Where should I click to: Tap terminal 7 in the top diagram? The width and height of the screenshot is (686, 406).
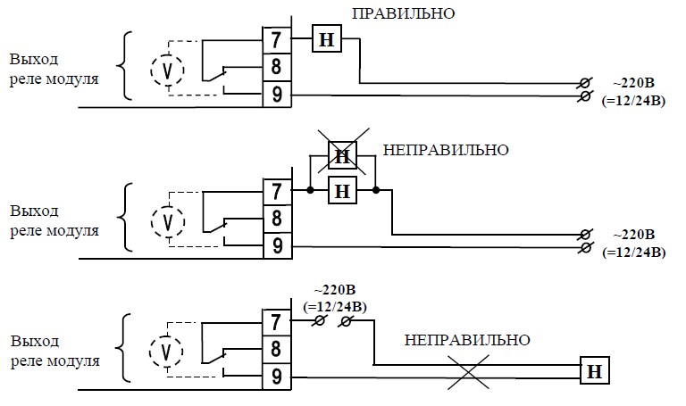[x=276, y=40]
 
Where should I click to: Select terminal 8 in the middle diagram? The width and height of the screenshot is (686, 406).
[x=276, y=218]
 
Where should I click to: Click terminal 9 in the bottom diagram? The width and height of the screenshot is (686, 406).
[x=276, y=377]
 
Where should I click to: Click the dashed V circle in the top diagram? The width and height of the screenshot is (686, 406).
[x=166, y=69]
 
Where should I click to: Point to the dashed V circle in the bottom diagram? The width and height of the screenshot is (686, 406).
[x=166, y=352]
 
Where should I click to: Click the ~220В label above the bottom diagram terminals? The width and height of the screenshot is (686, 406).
[x=336, y=290]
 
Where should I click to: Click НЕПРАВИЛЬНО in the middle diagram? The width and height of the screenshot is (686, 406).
[x=446, y=149]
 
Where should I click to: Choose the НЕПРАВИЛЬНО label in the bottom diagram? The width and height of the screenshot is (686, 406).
[x=467, y=340]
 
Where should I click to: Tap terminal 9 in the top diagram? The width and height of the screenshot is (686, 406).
[x=276, y=94]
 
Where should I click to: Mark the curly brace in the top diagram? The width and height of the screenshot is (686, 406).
[x=126, y=66]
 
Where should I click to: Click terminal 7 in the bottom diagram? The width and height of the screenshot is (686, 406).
[x=276, y=321]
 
